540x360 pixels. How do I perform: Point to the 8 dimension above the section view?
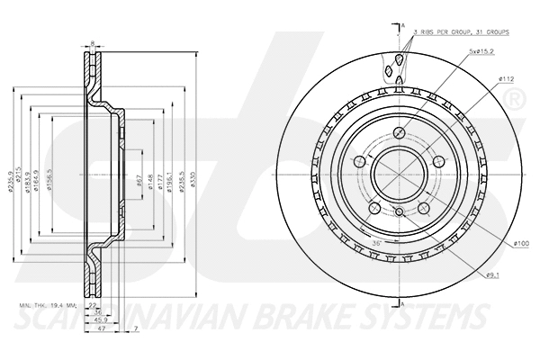pyautogui.click(x=93, y=42)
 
